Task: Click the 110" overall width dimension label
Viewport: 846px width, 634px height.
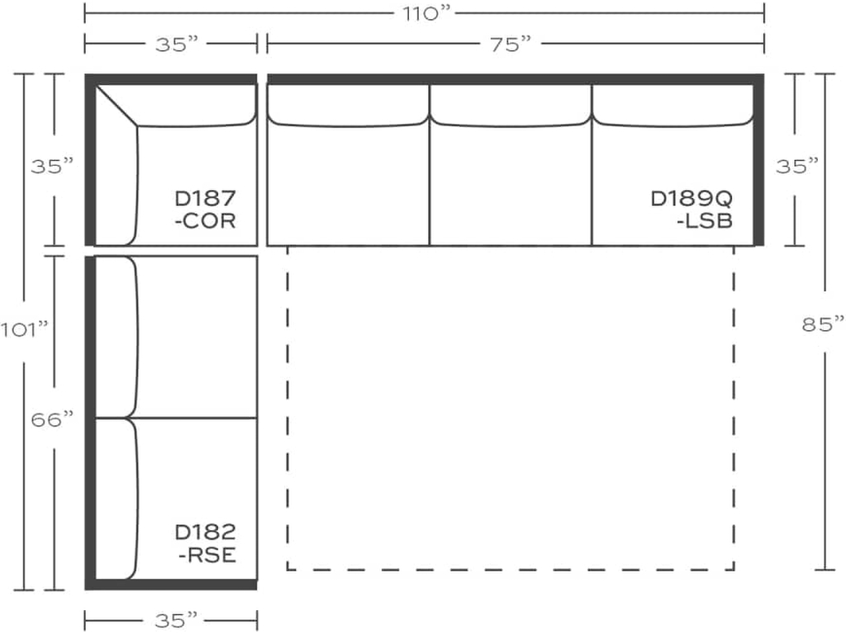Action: click(x=424, y=13)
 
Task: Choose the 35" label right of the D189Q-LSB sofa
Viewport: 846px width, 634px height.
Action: click(x=797, y=166)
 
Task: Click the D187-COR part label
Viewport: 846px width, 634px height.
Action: click(x=205, y=210)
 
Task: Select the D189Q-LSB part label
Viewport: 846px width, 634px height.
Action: click(x=692, y=210)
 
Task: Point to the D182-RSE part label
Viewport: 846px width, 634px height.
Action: click(x=205, y=543)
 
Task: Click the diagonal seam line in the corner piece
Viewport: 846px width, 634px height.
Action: click(x=116, y=106)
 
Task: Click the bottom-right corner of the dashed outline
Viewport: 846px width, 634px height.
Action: click(x=733, y=569)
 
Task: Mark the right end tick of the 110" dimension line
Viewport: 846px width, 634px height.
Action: click(x=763, y=13)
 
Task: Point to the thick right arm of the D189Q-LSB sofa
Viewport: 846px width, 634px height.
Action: click(x=758, y=161)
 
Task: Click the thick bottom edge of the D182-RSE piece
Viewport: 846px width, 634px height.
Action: click(x=171, y=584)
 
